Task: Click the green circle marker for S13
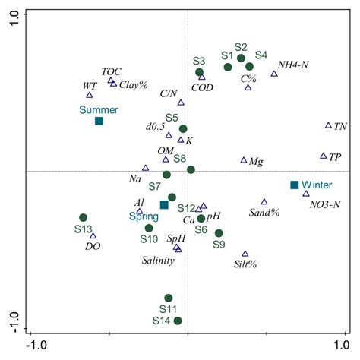click(83, 218)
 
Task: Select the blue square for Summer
click(99, 122)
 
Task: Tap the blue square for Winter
click(295, 185)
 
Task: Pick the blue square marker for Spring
click(164, 205)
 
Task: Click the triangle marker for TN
click(328, 125)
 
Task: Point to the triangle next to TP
click(324, 156)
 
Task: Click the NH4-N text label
click(293, 64)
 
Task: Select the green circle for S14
click(178, 321)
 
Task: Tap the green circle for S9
click(219, 233)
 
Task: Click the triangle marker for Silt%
click(245, 254)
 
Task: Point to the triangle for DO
click(93, 235)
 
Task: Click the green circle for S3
click(200, 72)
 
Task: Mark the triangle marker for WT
click(90, 95)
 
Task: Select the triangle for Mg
click(244, 160)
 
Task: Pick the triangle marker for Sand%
click(264, 201)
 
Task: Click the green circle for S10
click(149, 228)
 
